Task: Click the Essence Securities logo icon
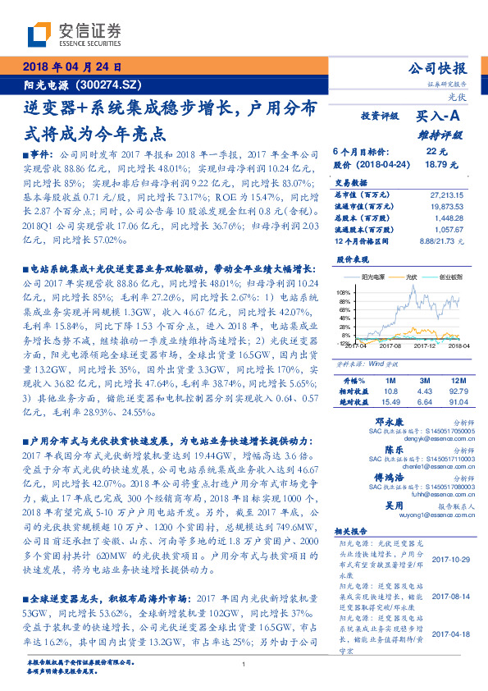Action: point(39,35)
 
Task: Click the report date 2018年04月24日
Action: point(73,66)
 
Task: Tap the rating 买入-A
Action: point(441,118)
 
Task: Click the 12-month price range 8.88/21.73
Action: point(440,242)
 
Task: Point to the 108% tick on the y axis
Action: point(341,292)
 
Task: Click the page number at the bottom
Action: point(244,665)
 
